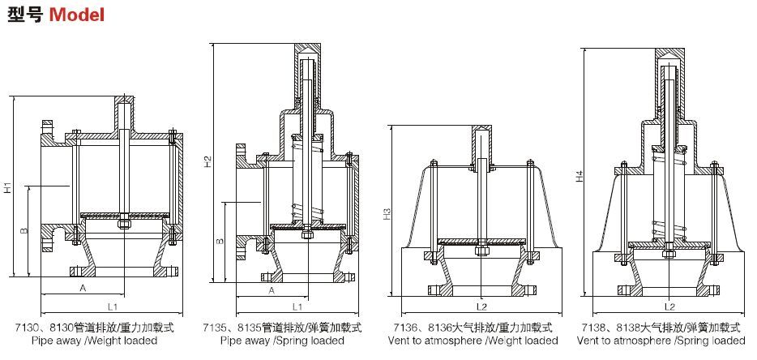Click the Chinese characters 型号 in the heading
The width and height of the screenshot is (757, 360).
point(25,15)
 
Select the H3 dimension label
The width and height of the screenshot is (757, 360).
point(387,214)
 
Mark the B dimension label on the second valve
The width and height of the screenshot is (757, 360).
point(220,241)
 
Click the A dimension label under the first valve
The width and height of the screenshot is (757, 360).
point(83,288)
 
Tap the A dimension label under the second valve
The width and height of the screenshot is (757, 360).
point(271,289)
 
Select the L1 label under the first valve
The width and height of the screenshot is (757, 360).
point(113,307)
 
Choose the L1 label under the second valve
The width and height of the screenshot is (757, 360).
point(297,307)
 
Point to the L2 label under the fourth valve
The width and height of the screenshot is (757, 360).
point(669,307)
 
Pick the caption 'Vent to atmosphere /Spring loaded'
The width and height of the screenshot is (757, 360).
point(660,341)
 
